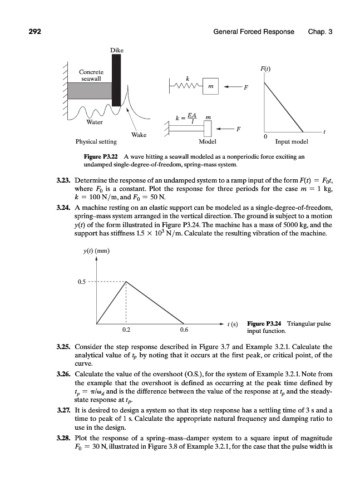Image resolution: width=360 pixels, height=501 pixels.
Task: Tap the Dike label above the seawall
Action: pos(116,50)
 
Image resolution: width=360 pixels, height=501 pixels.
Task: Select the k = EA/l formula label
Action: pos(184,119)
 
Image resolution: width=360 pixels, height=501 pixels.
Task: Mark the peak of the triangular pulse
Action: pos(126,282)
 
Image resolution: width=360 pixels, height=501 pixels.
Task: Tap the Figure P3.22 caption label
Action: pos(102,158)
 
